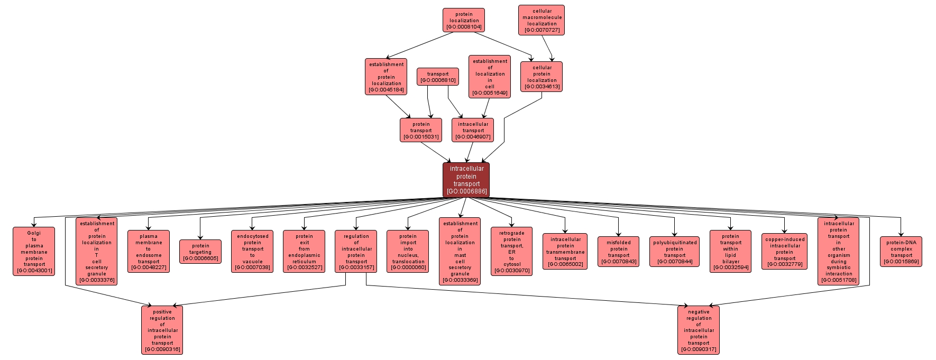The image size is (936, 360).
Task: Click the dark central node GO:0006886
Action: (x=466, y=179)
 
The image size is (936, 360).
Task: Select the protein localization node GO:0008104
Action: (x=464, y=20)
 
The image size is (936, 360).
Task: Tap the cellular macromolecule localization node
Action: (x=542, y=20)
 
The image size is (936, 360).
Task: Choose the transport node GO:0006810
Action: (x=437, y=77)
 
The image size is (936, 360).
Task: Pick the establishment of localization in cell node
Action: (x=490, y=77)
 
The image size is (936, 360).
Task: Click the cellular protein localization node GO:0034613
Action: (x=542, y=77)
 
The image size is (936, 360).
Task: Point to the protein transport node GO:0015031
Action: (x=421, y=130)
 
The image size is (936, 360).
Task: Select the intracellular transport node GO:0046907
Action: (x=473, y=130)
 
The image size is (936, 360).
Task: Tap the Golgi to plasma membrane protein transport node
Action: (x=34, y=252)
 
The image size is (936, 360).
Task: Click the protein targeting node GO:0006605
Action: (x=200, y=252)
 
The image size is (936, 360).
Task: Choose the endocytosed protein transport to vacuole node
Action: (x=252, y=252)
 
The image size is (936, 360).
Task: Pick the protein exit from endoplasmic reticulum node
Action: (x=304, y=252)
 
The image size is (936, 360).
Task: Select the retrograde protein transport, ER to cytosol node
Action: (x=511, y=252)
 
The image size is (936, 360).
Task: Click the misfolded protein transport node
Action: (x=619, y=252)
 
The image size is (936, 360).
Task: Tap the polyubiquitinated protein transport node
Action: (x=674, y=252)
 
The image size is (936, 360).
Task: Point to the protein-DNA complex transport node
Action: (x=901, y=252)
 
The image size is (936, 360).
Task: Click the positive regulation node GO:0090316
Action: (x=162, y=330)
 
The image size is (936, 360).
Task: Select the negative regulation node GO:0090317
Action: (x=699, y=330)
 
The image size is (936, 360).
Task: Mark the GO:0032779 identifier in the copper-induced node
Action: (x=785, y=264)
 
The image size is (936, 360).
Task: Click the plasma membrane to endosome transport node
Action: (x=149, y=252)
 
